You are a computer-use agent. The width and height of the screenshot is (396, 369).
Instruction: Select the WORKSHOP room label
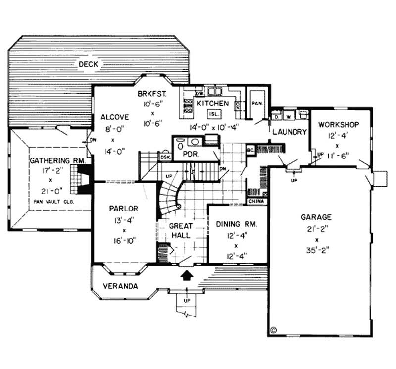(x=339, y=124)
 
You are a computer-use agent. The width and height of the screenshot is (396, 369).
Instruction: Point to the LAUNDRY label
(x=290, y=132)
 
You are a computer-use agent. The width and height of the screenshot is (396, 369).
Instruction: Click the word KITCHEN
(x=212, y=103)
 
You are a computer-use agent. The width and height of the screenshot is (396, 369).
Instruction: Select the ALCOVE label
(x=115, y=117)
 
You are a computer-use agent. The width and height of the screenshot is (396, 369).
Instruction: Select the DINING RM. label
(x=237, y=224)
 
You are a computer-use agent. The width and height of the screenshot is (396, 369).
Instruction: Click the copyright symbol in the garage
(x=274, y=328)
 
